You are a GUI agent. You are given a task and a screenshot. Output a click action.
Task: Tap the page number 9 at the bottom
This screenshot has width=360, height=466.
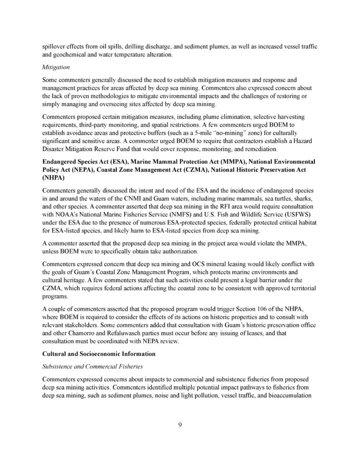pyautogui.click(x=180, y=425)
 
